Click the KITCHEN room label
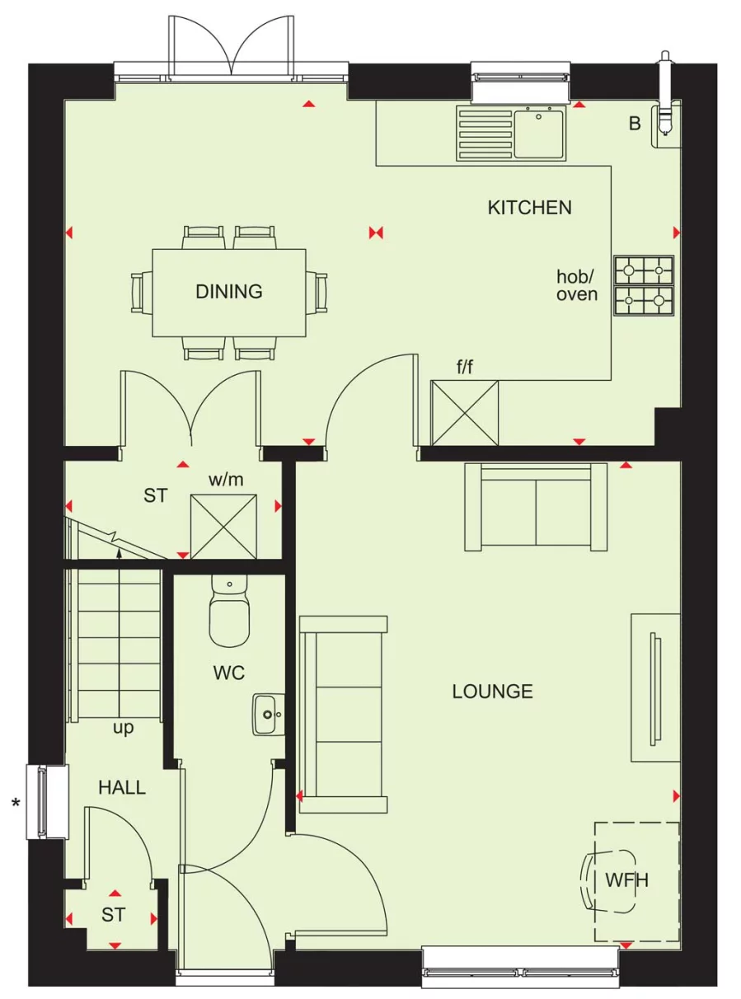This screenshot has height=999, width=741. click(529, 207)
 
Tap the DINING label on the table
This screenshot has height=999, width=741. click(228, 291)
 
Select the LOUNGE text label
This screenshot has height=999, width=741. click(492, 691)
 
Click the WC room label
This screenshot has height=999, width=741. click(228, 673)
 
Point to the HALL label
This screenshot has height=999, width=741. click(122, 787)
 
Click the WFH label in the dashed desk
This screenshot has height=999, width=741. click(627, 880)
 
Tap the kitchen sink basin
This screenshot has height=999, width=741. click(539, 133)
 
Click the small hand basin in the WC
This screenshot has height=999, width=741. click(268, 714)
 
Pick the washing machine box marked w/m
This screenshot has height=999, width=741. click(223, 526)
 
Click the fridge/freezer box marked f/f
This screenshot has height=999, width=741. click(465, 412)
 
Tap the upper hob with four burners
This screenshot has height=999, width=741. click(643, 270)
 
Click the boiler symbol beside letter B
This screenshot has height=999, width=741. click(666, 124)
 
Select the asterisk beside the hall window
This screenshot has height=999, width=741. click(15, 802)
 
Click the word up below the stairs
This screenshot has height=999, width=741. click(123, 728)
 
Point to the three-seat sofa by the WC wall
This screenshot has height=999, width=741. click(343, 714)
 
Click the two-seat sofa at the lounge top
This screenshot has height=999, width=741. click(536, 507)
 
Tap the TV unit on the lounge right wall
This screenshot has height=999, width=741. click(655, 687)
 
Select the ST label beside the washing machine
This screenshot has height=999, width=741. click(155, 495)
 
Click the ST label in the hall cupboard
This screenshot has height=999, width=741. click(114, 915)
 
